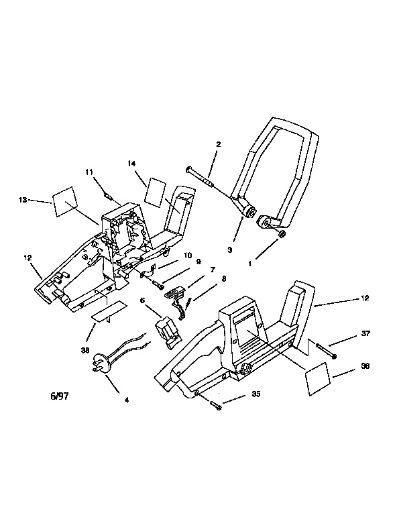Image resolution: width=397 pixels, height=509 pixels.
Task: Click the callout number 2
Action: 218,144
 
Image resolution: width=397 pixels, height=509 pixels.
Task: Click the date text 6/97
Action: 60,396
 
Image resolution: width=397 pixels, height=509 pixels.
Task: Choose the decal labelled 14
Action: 156,192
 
